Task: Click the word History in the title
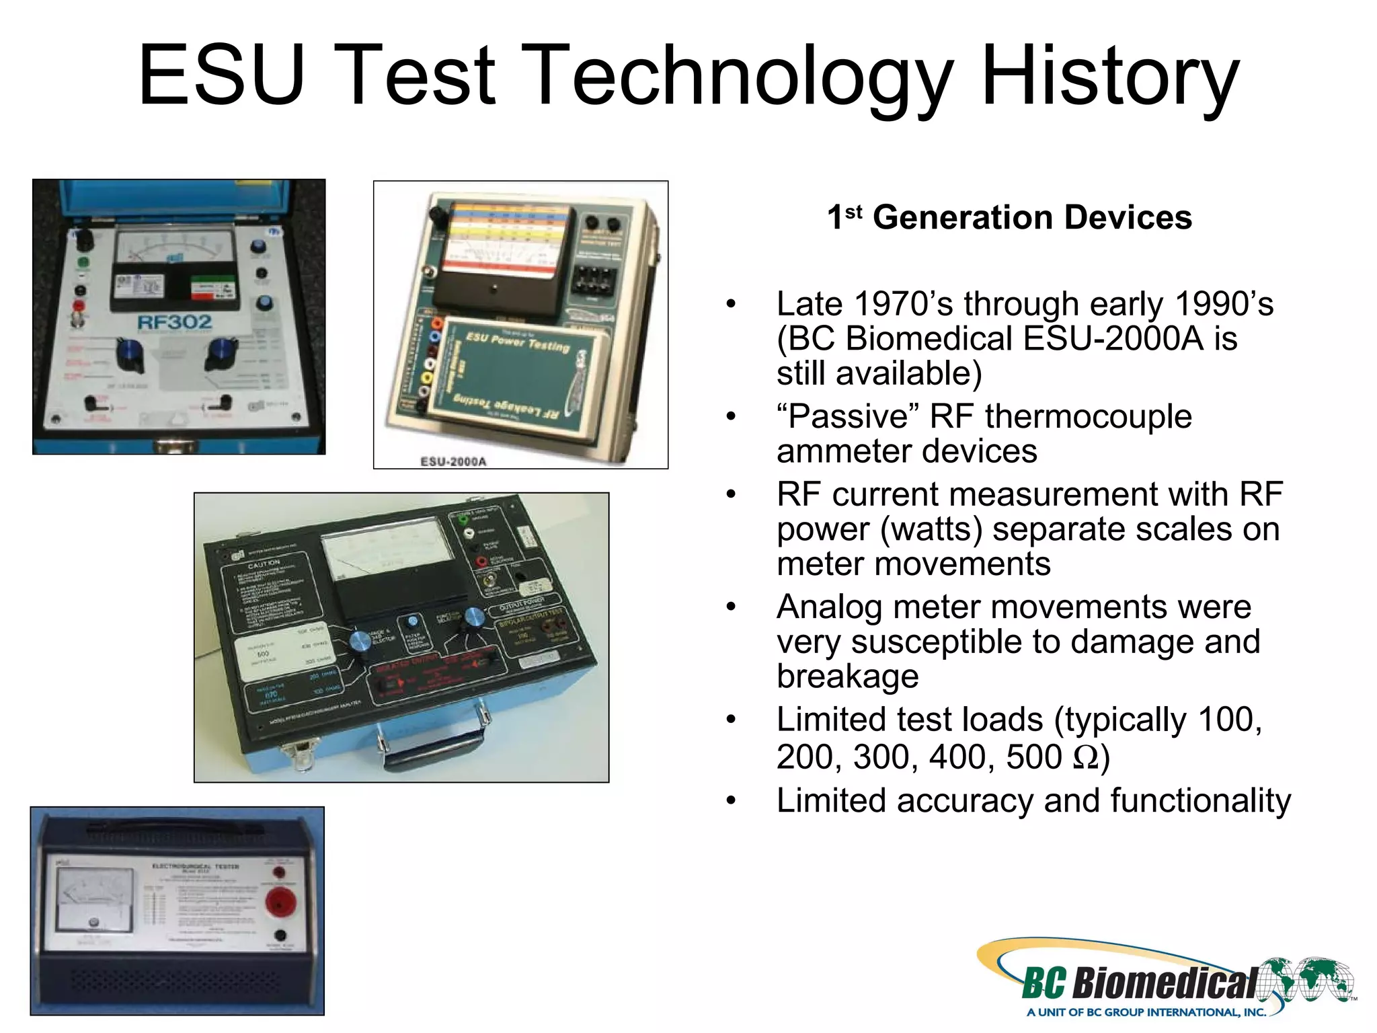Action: click(x=1109, y=75)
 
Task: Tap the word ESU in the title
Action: click(x=222, y=75)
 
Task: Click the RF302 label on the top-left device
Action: click(x=174, y=323)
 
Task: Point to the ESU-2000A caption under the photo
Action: click(x=453, y=461)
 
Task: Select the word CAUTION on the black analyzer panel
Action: click(x=264, y=564)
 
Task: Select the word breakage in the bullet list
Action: click(x=848, y=676)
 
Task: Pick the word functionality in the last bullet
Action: click(x=1200, y=801)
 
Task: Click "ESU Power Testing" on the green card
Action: click(x=518, y=342)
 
